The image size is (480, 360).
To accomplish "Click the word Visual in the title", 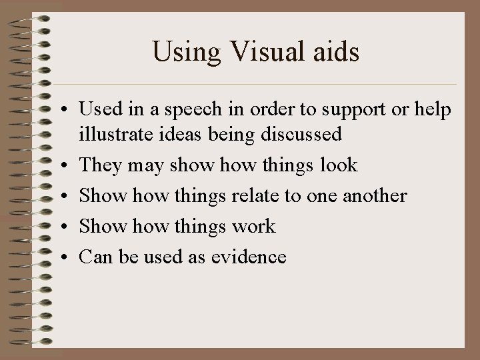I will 263,51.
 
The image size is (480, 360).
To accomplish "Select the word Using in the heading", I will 183,51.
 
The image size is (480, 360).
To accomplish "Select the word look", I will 338,165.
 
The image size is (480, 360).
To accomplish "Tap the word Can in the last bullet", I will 95,257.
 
